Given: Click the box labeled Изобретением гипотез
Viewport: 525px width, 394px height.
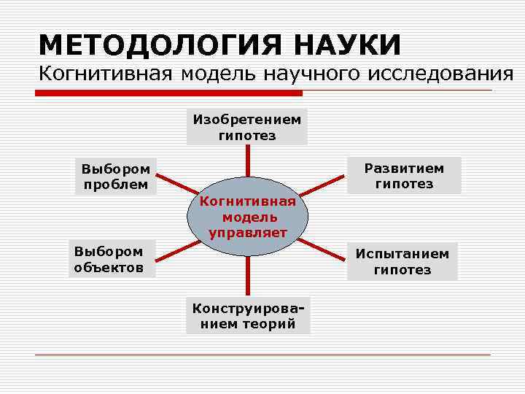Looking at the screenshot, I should (x=247, y=126).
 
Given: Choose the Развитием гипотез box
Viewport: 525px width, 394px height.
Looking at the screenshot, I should (x=404, y=175).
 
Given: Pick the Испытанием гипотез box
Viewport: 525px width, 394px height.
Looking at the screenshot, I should (x=402, y=261).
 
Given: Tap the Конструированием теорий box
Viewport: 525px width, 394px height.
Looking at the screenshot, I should (x=248, y=315).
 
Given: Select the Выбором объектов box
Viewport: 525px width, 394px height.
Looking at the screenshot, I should (x=109, y=259).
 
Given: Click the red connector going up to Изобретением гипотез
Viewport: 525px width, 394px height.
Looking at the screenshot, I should (x=248, y=162).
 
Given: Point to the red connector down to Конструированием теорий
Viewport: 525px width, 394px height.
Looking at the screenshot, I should (x=248, y=276).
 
